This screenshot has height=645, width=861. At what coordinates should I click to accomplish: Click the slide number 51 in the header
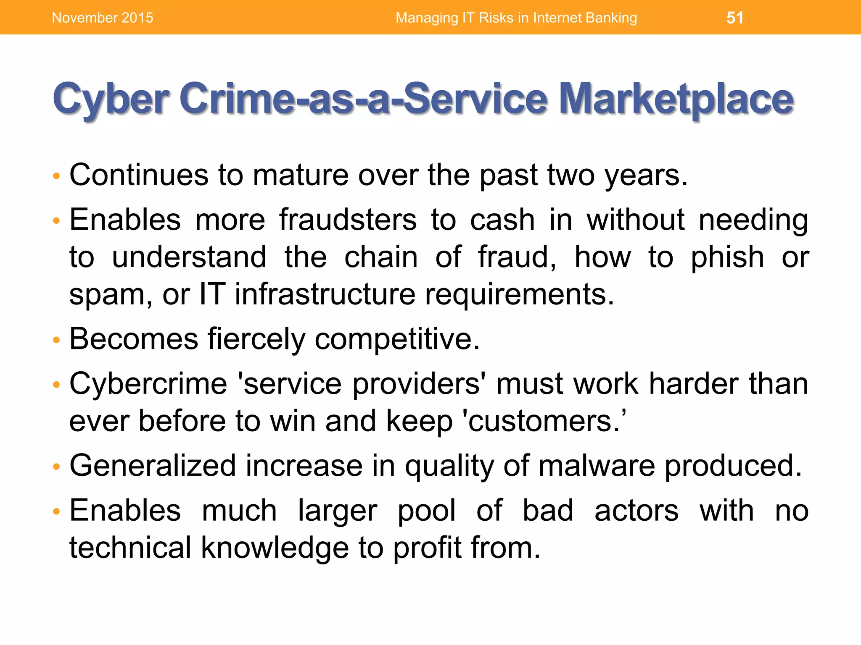tap(735, 18)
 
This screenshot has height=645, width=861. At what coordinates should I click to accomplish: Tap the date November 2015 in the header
tap(103, 18)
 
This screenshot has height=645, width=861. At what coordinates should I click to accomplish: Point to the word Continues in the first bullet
tap(139, 175)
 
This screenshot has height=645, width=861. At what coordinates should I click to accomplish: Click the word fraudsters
tap(348, 220)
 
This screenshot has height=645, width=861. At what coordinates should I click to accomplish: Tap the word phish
tap(727, 257)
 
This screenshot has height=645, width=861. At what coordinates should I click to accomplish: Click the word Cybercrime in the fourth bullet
tap(148, 384)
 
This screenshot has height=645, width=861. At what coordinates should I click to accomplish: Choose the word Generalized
tap(153, 466)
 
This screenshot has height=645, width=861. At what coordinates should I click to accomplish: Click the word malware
tap(596, 466)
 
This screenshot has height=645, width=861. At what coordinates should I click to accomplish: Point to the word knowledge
tap(275, 548)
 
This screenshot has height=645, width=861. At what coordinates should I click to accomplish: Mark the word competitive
tap(397, 338)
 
